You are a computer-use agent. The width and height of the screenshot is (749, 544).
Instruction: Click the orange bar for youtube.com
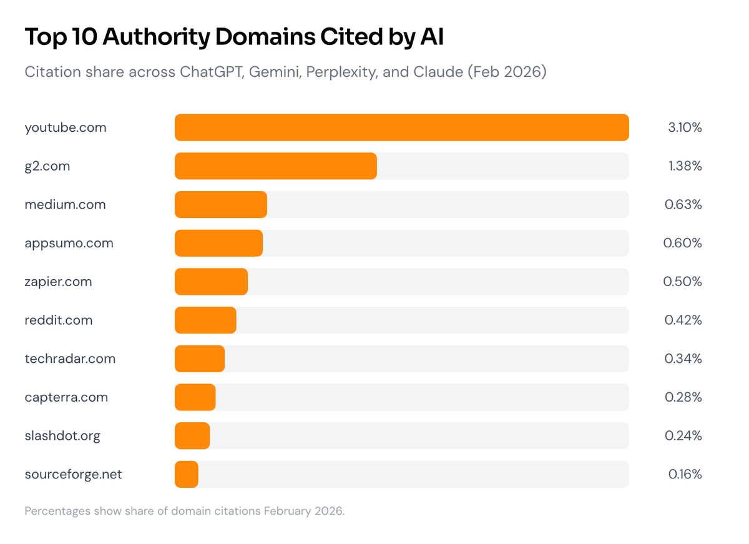pyautogui.click(x=401, y=127)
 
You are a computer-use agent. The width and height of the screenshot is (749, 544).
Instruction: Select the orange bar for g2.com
pyautogui.click(x=275, y=166)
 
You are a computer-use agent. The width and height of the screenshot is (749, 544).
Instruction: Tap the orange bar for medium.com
pyautogui.click(x=221, y=205)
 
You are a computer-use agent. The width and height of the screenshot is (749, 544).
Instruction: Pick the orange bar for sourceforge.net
pyautogui.click(x=187, y=474)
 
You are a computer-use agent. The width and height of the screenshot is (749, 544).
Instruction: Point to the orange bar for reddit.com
pyautogui.click(x=205, y=320)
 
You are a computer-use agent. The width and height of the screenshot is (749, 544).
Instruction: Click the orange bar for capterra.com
pyautogui.click(x=195, y=397)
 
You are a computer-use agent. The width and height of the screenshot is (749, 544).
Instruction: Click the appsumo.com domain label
pyautogui.click(x=69, y=243)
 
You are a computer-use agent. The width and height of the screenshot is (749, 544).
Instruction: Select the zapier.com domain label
pyautogui.click(x=58, y=282)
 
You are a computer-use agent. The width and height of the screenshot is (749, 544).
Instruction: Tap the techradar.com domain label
pyautogui.click(x=70, y=359)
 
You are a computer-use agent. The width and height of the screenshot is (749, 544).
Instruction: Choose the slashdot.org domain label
pyautogui.click(x=62, y=436)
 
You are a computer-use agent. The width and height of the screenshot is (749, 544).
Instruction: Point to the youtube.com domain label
pyautogui.click(x=66, y=127)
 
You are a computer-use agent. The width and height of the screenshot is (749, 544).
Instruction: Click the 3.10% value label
pyautogui.click(x=685, y=127)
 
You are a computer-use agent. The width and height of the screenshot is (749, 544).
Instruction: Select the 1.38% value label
pyautogui.click(x=685, y=166)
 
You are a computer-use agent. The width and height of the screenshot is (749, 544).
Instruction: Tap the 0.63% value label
pyautogui.click(x=683, y=205)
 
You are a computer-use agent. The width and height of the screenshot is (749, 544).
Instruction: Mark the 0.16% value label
pyautogui.click(x=685, y=474)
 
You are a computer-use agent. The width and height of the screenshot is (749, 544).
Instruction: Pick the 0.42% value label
pyautogui.click(x=683, y=320)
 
